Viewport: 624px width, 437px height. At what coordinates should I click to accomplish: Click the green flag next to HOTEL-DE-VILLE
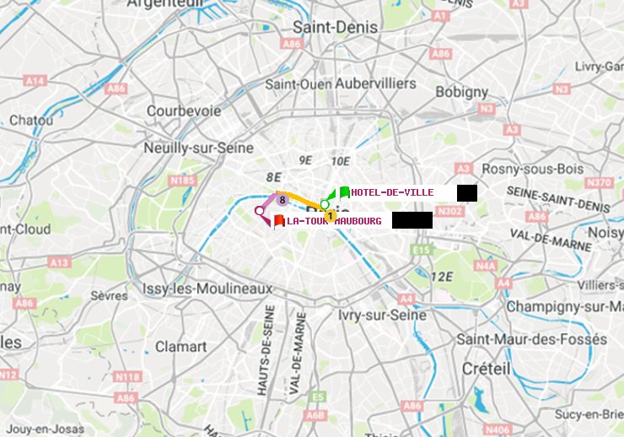tap(344, 192)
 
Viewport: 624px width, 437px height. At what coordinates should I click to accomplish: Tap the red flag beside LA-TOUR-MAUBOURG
tap(279, 221)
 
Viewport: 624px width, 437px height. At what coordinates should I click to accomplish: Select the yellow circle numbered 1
tap(331, 216)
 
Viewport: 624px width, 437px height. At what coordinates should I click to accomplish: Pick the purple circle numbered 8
tap(282, 199)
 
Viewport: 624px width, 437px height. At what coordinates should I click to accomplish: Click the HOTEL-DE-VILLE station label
tap(392, 192)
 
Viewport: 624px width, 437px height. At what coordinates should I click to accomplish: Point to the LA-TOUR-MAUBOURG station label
tap(334, 221)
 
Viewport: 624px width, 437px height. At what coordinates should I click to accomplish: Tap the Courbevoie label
tap(184, 111)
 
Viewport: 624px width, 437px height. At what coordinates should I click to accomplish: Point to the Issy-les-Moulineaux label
tap(207, 289)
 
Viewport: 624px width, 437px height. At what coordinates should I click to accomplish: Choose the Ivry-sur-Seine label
tap(382, 315)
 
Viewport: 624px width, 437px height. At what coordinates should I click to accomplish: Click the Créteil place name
tap(486, 369)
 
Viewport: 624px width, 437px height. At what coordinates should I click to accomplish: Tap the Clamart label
tap(180, 347)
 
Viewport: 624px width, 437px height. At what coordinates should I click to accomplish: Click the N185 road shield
tap(182, 180)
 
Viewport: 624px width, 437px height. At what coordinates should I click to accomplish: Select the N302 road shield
tap(451, 212)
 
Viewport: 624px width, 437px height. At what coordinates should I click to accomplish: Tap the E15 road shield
tap(422, 250)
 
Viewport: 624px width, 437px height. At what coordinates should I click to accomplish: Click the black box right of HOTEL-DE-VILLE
tap(467, 193)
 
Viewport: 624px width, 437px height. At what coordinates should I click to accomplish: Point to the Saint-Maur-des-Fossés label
tap(531, 339)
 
